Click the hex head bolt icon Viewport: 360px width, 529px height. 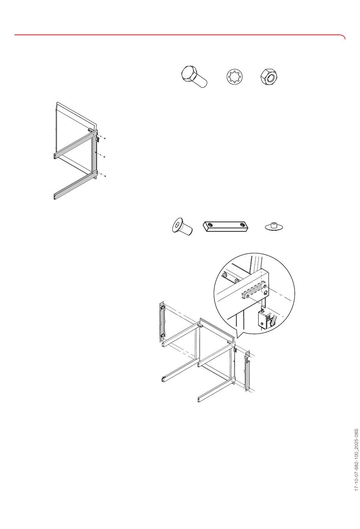194,76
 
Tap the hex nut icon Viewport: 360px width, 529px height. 269,76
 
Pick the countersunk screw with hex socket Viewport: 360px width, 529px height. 182,228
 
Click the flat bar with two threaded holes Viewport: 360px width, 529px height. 226,226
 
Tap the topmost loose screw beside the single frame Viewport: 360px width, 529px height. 103,138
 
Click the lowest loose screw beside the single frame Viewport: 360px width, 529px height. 103,175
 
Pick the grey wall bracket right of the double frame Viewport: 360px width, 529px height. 248,371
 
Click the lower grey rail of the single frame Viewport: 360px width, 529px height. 75,186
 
